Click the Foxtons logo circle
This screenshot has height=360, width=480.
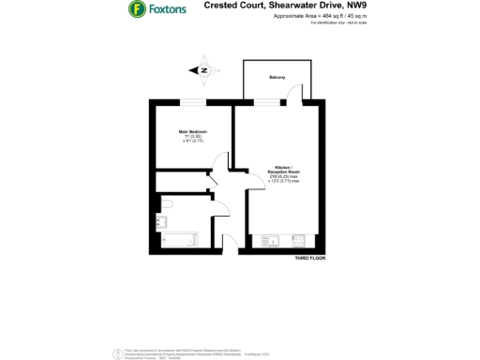pyautogui.click(x=136, y=10)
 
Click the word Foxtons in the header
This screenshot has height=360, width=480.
pyautogui.click(x=167, y=10)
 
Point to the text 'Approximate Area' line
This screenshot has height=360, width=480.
pyautogui.click(x=292, y=16)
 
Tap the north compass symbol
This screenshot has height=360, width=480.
pyautogui.click(x=202, y=68)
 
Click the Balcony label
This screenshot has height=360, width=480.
pyautogui.click(x=277, y=77)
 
